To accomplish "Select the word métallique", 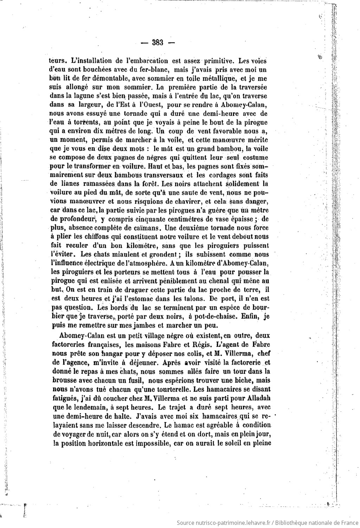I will click(218, 78).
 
